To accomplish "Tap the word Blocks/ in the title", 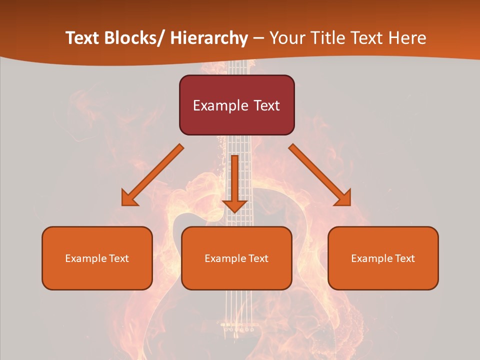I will tap(135, 38).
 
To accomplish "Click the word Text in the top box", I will tap(266, 105).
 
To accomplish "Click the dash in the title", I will tap(258, 38).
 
